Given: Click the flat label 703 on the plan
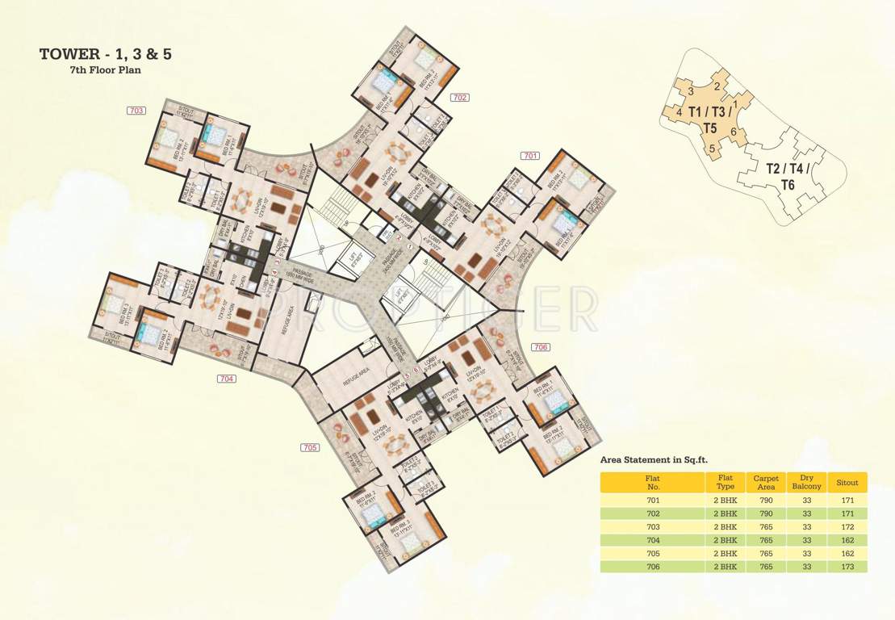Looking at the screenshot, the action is [136, 110].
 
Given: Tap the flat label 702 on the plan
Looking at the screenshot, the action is [460, 97].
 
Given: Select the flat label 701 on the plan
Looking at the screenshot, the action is [530, 155].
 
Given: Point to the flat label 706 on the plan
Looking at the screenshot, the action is [541, 346].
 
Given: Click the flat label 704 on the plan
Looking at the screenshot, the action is [227, 378].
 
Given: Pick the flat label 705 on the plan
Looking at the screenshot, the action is [310, 447].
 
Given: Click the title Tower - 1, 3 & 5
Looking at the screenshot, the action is [106, 54].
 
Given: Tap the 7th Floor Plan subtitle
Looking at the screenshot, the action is [106, 70].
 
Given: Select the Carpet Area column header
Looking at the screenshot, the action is [766, 482].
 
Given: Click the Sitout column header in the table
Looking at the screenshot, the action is [847, 483].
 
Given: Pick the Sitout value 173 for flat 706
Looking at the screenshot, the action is [847, 567].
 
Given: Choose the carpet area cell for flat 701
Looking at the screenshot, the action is [766, 500].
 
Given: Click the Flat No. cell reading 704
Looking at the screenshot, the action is [653, 540].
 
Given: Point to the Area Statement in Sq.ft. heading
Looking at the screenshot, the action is [654, 459].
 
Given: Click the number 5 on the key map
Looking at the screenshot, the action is [713, 148].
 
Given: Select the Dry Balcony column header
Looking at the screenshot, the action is [807, 482].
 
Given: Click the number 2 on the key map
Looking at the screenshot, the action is [717, 86].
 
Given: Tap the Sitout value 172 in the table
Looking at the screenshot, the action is [847, 526].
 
